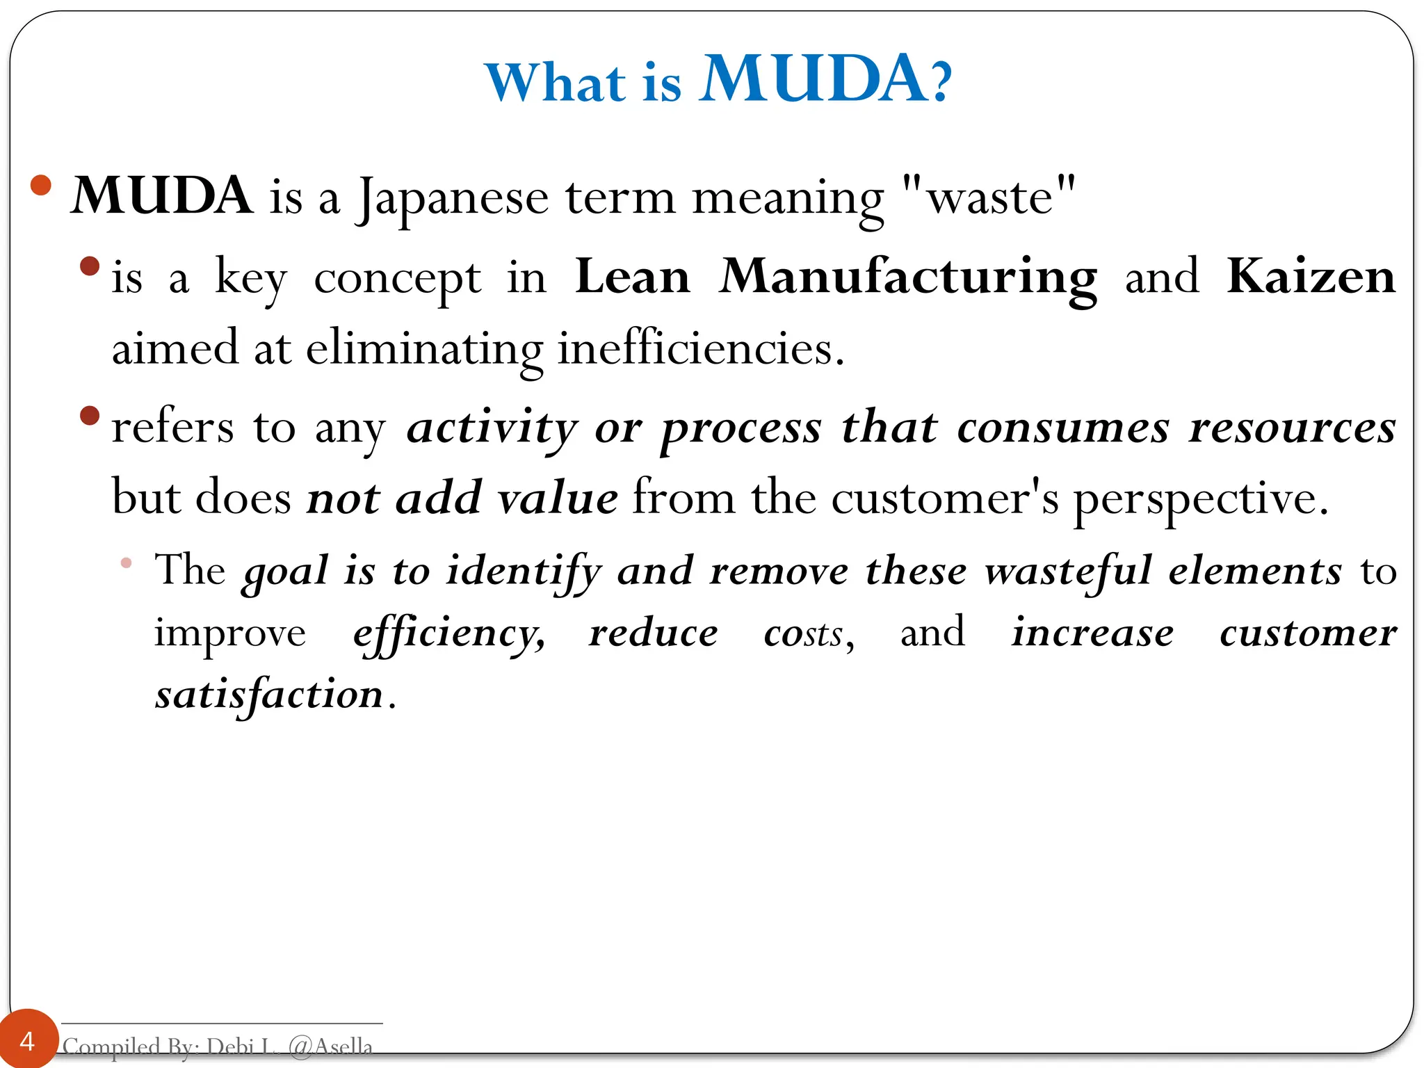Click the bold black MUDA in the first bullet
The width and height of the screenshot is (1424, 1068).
[x=162, y=195]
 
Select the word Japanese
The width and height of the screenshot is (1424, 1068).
[x=453, y=198]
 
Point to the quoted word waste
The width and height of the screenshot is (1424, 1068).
[x=989, y=198]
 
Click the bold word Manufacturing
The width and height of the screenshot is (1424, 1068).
[x=908, y=277]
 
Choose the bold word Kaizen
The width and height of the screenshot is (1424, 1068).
[x=1311, y=277]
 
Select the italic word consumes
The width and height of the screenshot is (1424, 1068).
[x=1063, y=428]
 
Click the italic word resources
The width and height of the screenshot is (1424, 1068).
[x=1292, y=428]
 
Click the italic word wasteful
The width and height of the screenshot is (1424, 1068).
[x=1068, y=571]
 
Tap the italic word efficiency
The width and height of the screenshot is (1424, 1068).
[x=448, y=633]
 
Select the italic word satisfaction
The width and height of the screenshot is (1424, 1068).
[x=269, y=695]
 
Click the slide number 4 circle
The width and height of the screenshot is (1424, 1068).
[x=27, y=1040]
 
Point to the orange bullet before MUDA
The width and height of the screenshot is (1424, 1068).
[x=41, y=185]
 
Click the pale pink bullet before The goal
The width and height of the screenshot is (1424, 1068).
[x=126, y=563]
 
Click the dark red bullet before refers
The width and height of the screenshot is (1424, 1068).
[x=90, y=416]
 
